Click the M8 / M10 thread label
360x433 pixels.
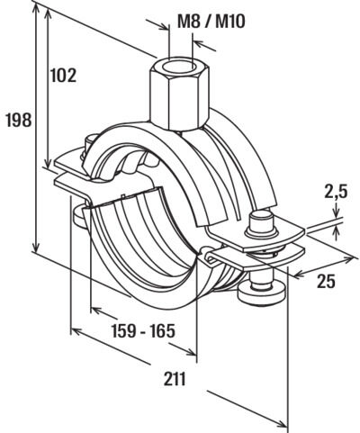pos(211,22)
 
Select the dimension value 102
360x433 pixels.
pos(63,75)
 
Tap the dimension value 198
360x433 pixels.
pos(19,120)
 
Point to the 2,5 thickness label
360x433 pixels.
pos(336,192)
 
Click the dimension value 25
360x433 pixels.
pos(327,281)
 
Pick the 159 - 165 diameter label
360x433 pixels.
pos(143,331)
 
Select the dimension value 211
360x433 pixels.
pos(175,379)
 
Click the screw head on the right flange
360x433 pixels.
pos(261,223)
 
